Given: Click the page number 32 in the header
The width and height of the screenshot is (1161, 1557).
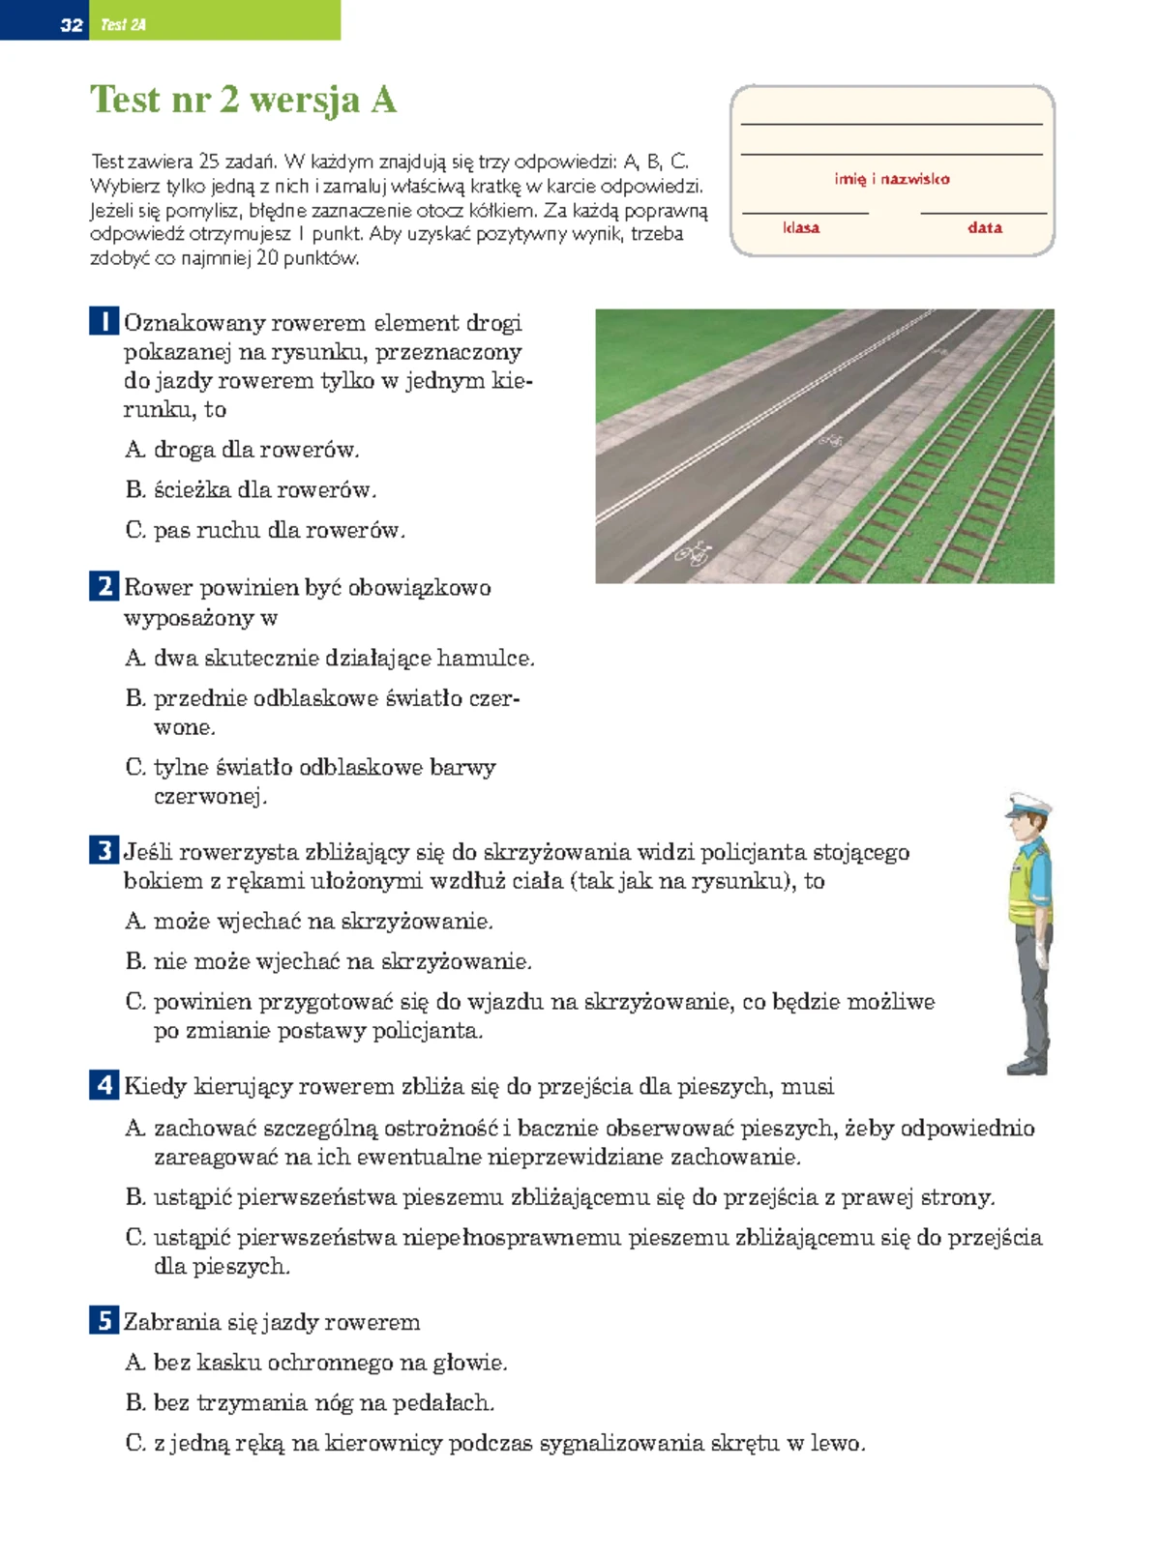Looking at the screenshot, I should point(71,25).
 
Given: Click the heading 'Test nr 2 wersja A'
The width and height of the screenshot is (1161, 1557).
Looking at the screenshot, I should point(243,100).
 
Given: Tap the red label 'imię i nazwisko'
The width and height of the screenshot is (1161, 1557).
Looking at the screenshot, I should point(891,179).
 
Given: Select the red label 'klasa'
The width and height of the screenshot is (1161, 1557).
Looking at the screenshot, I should point(801,227).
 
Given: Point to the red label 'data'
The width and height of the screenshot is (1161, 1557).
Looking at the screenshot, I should point(984,227).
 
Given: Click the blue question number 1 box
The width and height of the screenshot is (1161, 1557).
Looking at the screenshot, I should point(104,321).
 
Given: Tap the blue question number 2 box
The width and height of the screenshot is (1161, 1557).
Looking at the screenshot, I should point(104,586).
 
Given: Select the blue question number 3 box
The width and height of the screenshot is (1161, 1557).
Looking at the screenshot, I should point(104,851).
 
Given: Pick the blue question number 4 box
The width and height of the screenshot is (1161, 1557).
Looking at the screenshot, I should point(104,1085).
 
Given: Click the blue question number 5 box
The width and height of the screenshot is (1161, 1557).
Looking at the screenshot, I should point(104,1320).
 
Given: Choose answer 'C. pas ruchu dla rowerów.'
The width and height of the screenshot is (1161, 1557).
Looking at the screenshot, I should point(265,530).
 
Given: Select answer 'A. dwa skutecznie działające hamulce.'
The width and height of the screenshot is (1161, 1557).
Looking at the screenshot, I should point(330,659).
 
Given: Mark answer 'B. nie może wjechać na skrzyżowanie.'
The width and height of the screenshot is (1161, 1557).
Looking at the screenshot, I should point(329,961).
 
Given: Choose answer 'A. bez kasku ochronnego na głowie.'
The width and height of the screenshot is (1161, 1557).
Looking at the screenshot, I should point(316,1363).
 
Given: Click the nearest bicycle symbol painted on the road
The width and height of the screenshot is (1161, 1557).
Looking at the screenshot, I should point(694,553).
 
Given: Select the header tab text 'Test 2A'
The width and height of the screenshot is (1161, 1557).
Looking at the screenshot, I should point(123,25).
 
